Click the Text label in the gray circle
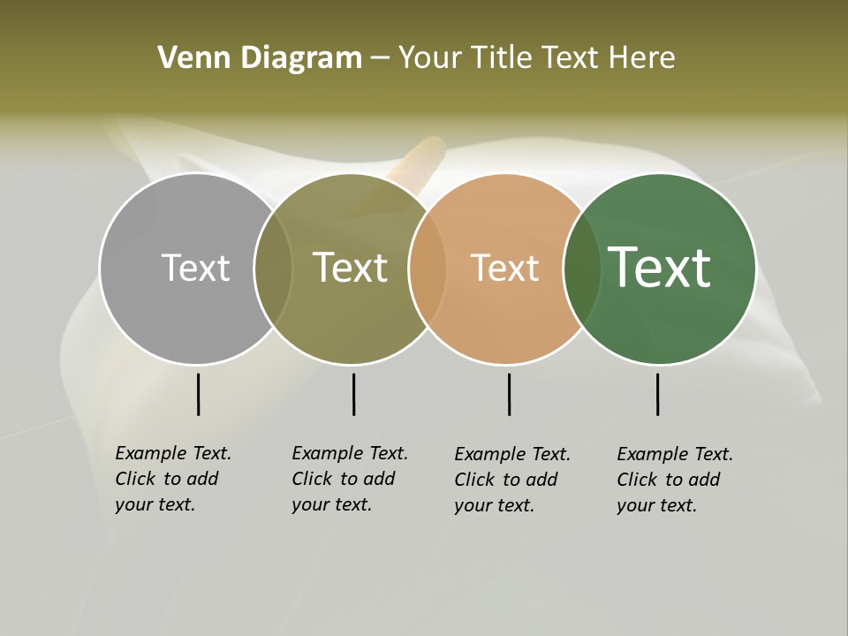(195, 268)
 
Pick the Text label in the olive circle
(351, 268)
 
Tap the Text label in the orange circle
(504, 269)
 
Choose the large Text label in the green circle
(660, 267)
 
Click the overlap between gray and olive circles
(273, 269)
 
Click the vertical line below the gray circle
(198, 394)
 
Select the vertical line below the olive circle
(353, 394)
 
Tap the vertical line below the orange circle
(509, 394)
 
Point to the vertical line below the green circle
(657, 394)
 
